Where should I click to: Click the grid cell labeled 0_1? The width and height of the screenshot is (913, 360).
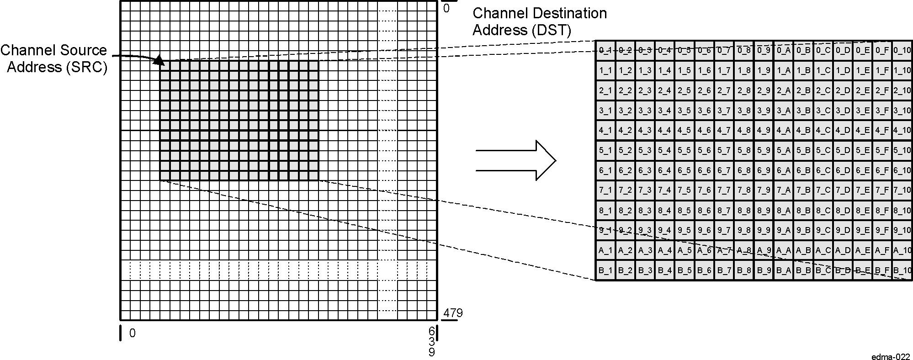tap(605, 50)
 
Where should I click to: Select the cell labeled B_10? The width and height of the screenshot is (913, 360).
tap(902, 270)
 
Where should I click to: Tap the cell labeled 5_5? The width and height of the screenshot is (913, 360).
tap(684, 150)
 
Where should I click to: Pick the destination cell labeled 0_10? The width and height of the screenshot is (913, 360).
tap(902, 50)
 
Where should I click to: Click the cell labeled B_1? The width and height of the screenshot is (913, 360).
tap(605, 270)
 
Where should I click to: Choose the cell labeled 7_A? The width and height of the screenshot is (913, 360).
tap(783, 190)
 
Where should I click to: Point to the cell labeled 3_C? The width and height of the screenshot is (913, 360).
tap(823, 110)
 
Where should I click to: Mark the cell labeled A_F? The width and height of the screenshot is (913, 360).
tap(882, 250)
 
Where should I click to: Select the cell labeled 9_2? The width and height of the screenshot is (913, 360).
tap(625, 230)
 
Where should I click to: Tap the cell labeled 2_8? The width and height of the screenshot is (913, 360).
tap(744, 90)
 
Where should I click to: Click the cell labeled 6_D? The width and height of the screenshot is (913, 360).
tap(843, 170)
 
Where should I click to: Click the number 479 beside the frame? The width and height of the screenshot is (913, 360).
tap(453, 313)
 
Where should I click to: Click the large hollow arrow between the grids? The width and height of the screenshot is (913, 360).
tap(516, 160)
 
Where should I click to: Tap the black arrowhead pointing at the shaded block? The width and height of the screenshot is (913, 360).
tap(159, 60)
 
